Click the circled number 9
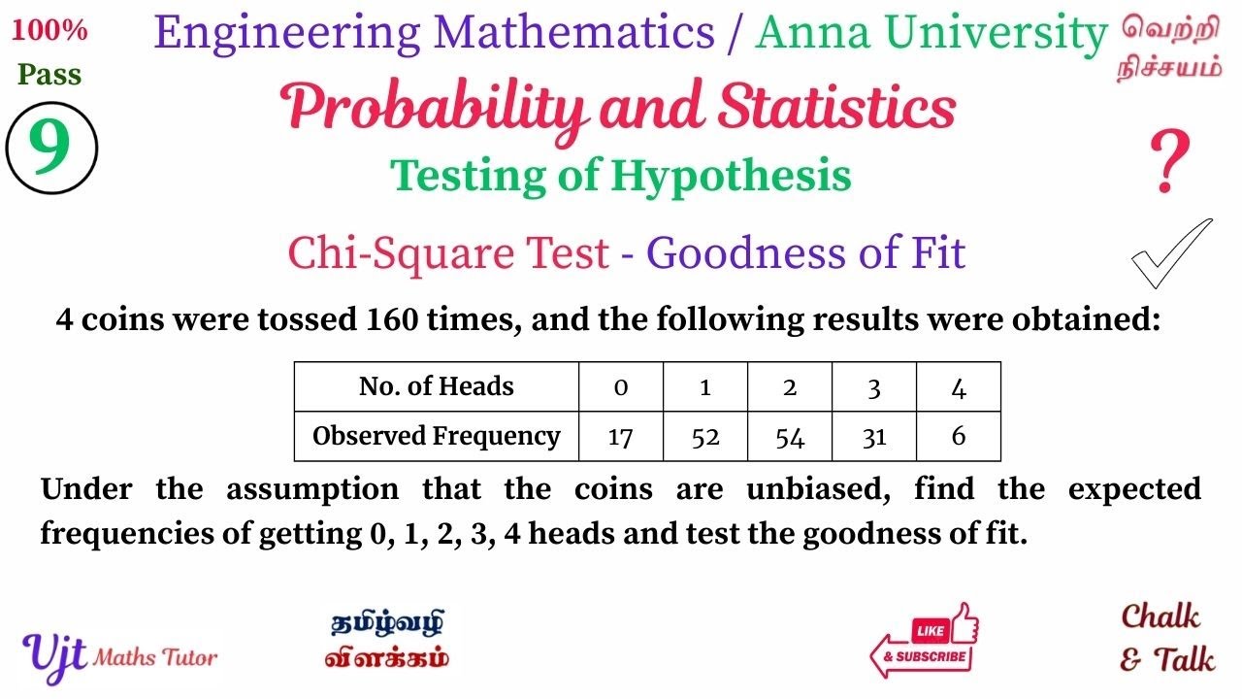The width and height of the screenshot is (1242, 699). [x=51, y=149]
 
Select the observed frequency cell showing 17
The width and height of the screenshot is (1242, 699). [x=621, y=437]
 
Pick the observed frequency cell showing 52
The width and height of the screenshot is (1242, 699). [x=705, y=437]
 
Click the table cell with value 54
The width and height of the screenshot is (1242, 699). [x=790, y=437]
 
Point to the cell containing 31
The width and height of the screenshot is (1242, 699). [x=874, y=437]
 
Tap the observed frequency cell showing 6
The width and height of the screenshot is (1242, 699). [x=959, y=437]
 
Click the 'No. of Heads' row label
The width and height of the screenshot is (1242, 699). [x=436, y=386]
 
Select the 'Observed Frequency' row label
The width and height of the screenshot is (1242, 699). [x=436, y=437]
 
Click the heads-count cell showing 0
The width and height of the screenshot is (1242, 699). [x=621, y=386]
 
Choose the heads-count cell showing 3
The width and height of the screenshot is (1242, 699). [x=874, y=386]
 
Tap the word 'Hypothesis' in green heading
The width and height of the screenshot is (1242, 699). [x=731, y=176]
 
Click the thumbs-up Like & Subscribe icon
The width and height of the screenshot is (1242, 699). [x=925, y=641]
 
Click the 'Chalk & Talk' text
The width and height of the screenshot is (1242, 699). [x=1165, y=638]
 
